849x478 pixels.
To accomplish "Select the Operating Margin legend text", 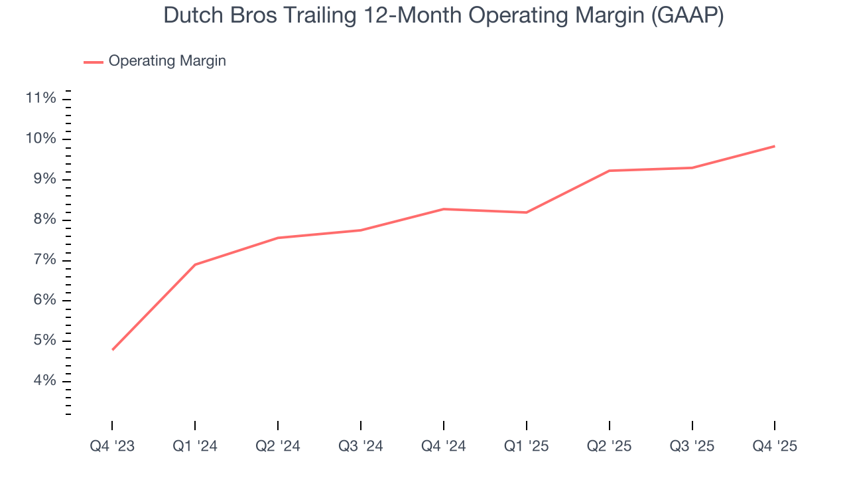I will tap(167, 61).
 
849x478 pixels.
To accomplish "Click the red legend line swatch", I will tap(94, 62).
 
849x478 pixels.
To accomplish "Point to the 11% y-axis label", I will tap(40, 99).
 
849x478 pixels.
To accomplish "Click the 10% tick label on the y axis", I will tap(40, 139).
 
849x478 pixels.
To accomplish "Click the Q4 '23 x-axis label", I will tap(112, 447).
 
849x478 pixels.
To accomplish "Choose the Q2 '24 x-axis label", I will tap(278, 447).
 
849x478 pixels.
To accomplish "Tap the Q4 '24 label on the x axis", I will tap(443, 447).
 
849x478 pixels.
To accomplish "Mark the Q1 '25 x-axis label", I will tap(526, 447).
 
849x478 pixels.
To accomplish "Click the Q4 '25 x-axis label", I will tap(775, 447).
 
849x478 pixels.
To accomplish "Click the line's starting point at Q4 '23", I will tap(113, 349).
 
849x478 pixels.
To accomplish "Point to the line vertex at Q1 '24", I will tap(195, 265).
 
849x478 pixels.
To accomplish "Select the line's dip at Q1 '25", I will tap(526, 212).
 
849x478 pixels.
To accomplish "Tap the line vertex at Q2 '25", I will tap(609, 171).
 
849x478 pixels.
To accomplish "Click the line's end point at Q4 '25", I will tap(774, 146).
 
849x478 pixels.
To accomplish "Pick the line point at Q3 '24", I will tap(360, 230).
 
